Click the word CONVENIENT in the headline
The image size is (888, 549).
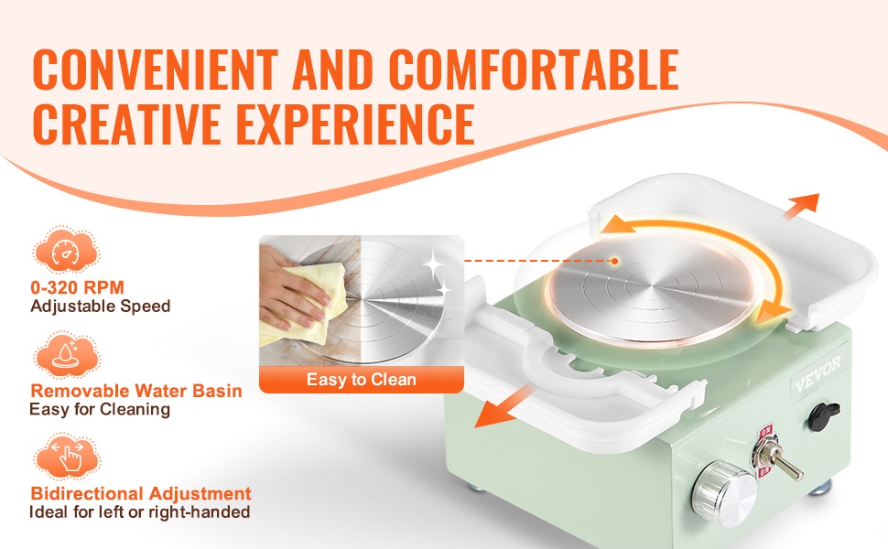[156, 70]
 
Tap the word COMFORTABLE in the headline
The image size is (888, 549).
[534, 70]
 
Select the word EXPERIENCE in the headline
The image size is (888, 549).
[355, 124]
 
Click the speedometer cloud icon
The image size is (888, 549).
[66, 251]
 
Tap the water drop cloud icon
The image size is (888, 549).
[66, 355]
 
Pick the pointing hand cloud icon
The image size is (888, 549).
[66, 457]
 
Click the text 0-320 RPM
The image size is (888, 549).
[77, 287]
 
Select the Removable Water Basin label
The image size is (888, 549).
[135, 391]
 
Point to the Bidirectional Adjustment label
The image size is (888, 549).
[140, 493]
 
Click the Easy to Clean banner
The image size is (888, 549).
[362, 379]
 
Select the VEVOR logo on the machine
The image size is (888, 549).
[818, 374]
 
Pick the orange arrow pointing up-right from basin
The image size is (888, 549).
[801, 206]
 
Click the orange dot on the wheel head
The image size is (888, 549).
[614, 261]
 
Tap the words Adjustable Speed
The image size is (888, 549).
[100, 307]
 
